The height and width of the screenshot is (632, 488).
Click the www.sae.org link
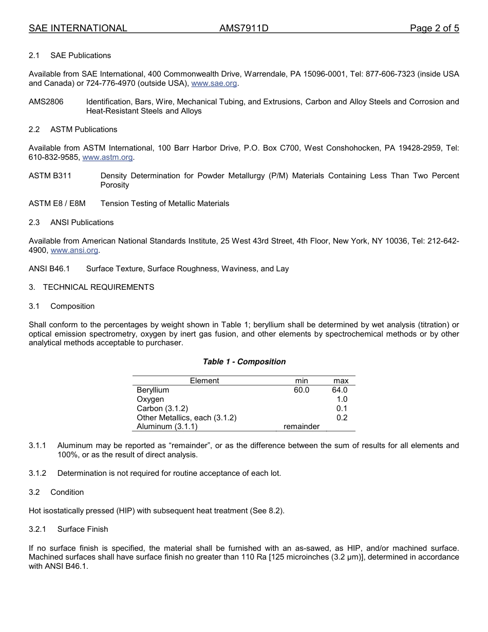[x=215, y=83]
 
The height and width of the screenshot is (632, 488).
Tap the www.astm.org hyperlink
[x=107, y=157]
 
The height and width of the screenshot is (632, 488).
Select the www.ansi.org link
[x=74, y=250]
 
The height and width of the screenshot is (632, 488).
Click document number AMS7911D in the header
[x=243, y=28]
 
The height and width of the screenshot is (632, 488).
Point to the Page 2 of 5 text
[x=434, y=28]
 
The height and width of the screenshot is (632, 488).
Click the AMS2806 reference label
[x=46, y=102]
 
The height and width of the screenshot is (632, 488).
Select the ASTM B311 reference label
[x=50, y=176]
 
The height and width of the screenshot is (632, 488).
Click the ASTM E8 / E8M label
[x=57, y=203]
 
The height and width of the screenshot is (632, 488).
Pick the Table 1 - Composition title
[x=244, y=362]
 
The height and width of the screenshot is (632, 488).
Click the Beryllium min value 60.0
[x=302, y=390]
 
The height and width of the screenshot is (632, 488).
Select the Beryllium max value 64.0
[x=340, y=390]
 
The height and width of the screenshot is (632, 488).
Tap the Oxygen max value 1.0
[x=342, y=399]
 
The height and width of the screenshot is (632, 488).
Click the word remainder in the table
[x=302, y=426]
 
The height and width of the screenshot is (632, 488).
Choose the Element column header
[x=204, y=381]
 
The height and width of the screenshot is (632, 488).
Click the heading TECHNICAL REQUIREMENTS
[x=98, y=287]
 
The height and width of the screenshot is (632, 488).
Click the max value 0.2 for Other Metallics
[x=342, y=418]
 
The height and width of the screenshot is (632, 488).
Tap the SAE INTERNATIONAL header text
[x=78, y=28]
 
